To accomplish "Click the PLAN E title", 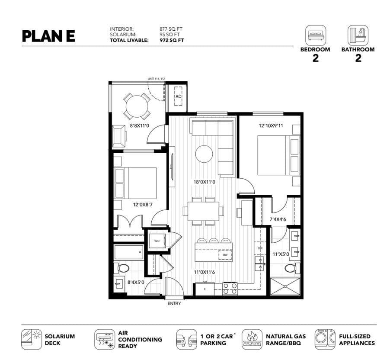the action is [48, 36].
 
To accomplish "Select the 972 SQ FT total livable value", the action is [172, 40].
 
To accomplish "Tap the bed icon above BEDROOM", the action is [316, 35].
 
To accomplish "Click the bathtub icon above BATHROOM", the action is [358, 35].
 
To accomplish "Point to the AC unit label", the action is [178, 96].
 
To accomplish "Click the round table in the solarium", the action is [137, 106].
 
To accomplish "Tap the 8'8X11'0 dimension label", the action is [140, 126].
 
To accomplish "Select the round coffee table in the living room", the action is [204, 154].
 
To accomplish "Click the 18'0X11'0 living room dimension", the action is [205, 182].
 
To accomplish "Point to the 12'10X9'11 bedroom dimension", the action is [271, 125].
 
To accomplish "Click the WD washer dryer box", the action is [157, 241].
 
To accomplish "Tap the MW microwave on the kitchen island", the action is [225, 255].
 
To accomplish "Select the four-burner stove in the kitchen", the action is [230, 289].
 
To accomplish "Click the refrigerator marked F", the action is [205, 289].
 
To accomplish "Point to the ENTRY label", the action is [174, 303].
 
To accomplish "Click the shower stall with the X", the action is [285, 287].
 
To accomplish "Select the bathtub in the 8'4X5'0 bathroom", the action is [129, 252].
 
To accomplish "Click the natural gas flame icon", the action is [252, 339].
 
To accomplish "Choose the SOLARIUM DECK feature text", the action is [60, 340].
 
